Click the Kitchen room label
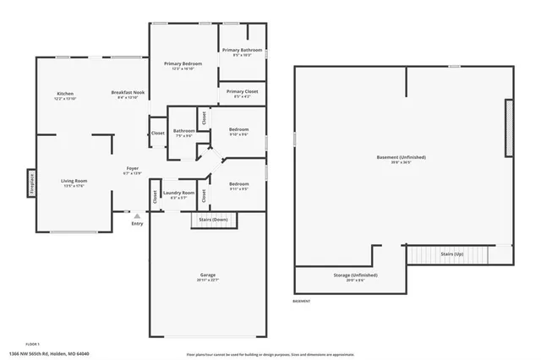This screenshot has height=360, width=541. point(65,93)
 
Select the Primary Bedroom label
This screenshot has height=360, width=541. point(183,64)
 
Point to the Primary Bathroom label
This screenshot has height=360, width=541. point(243,51)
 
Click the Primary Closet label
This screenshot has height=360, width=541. point(243,91)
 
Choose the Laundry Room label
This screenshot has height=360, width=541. point(178,193)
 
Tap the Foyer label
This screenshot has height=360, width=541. point(133,168)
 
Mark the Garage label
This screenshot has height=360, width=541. point(208,276)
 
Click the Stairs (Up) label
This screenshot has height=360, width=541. point(453,254)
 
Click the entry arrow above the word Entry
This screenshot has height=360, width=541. point(137,216)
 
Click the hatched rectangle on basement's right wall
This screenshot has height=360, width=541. point(509,128)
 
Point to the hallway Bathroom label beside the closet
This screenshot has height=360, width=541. point(184,130)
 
